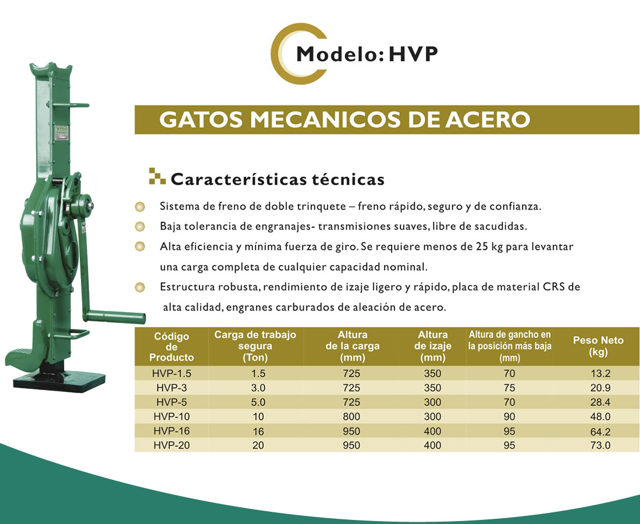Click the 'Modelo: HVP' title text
pyautogui.click(x=367, y=54)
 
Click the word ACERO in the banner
pyautogui.click(x=488, y=120)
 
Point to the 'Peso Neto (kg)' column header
pyautogui.click(x=598, y=346)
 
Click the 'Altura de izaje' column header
pyautogui.click(x=433, y=346)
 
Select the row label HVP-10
pyautogui.click(x=172, y=417)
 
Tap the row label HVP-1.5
pyautogui.click(x=172, y=373)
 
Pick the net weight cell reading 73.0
pyautogui.click(x=600, y=445)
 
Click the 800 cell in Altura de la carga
pyautogui.click(x=351, y=417)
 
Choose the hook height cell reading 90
pyautogui.click(x=510, y=417)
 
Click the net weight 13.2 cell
pyautogui.click(x=600, y=373)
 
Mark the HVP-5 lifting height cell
pyautogui.click(x=433, y=402)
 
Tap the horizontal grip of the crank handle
pyautogui.click(x=115, y=317)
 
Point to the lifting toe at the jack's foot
pyautogui.click(x=24, y=356)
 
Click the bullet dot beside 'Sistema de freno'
pyautogui.click(x=140, y=207)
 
